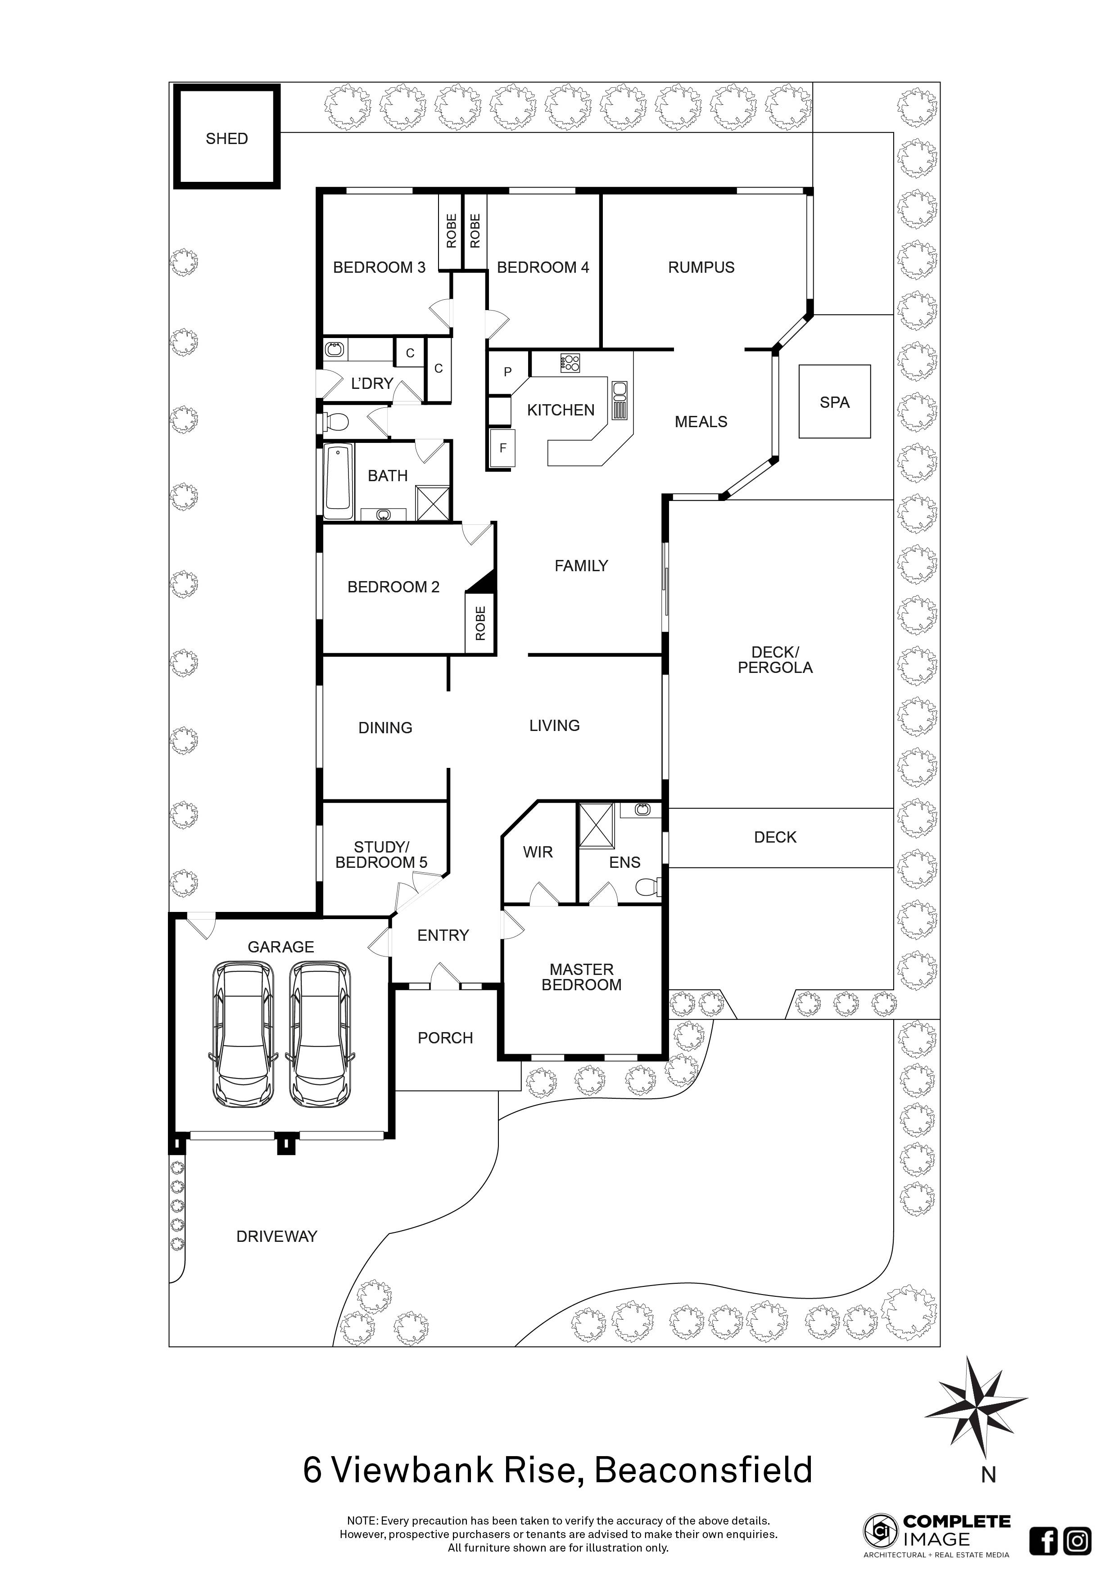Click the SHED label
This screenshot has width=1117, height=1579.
(226, 139)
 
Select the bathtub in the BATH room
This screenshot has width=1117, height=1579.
(338, 482)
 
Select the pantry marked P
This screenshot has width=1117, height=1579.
(507, 372)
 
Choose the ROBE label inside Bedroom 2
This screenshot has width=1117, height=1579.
(480, 623)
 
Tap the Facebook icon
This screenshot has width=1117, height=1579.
(1044, 1540)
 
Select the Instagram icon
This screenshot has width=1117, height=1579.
(1077, 1540)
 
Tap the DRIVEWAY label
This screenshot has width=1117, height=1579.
(276, 1236)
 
